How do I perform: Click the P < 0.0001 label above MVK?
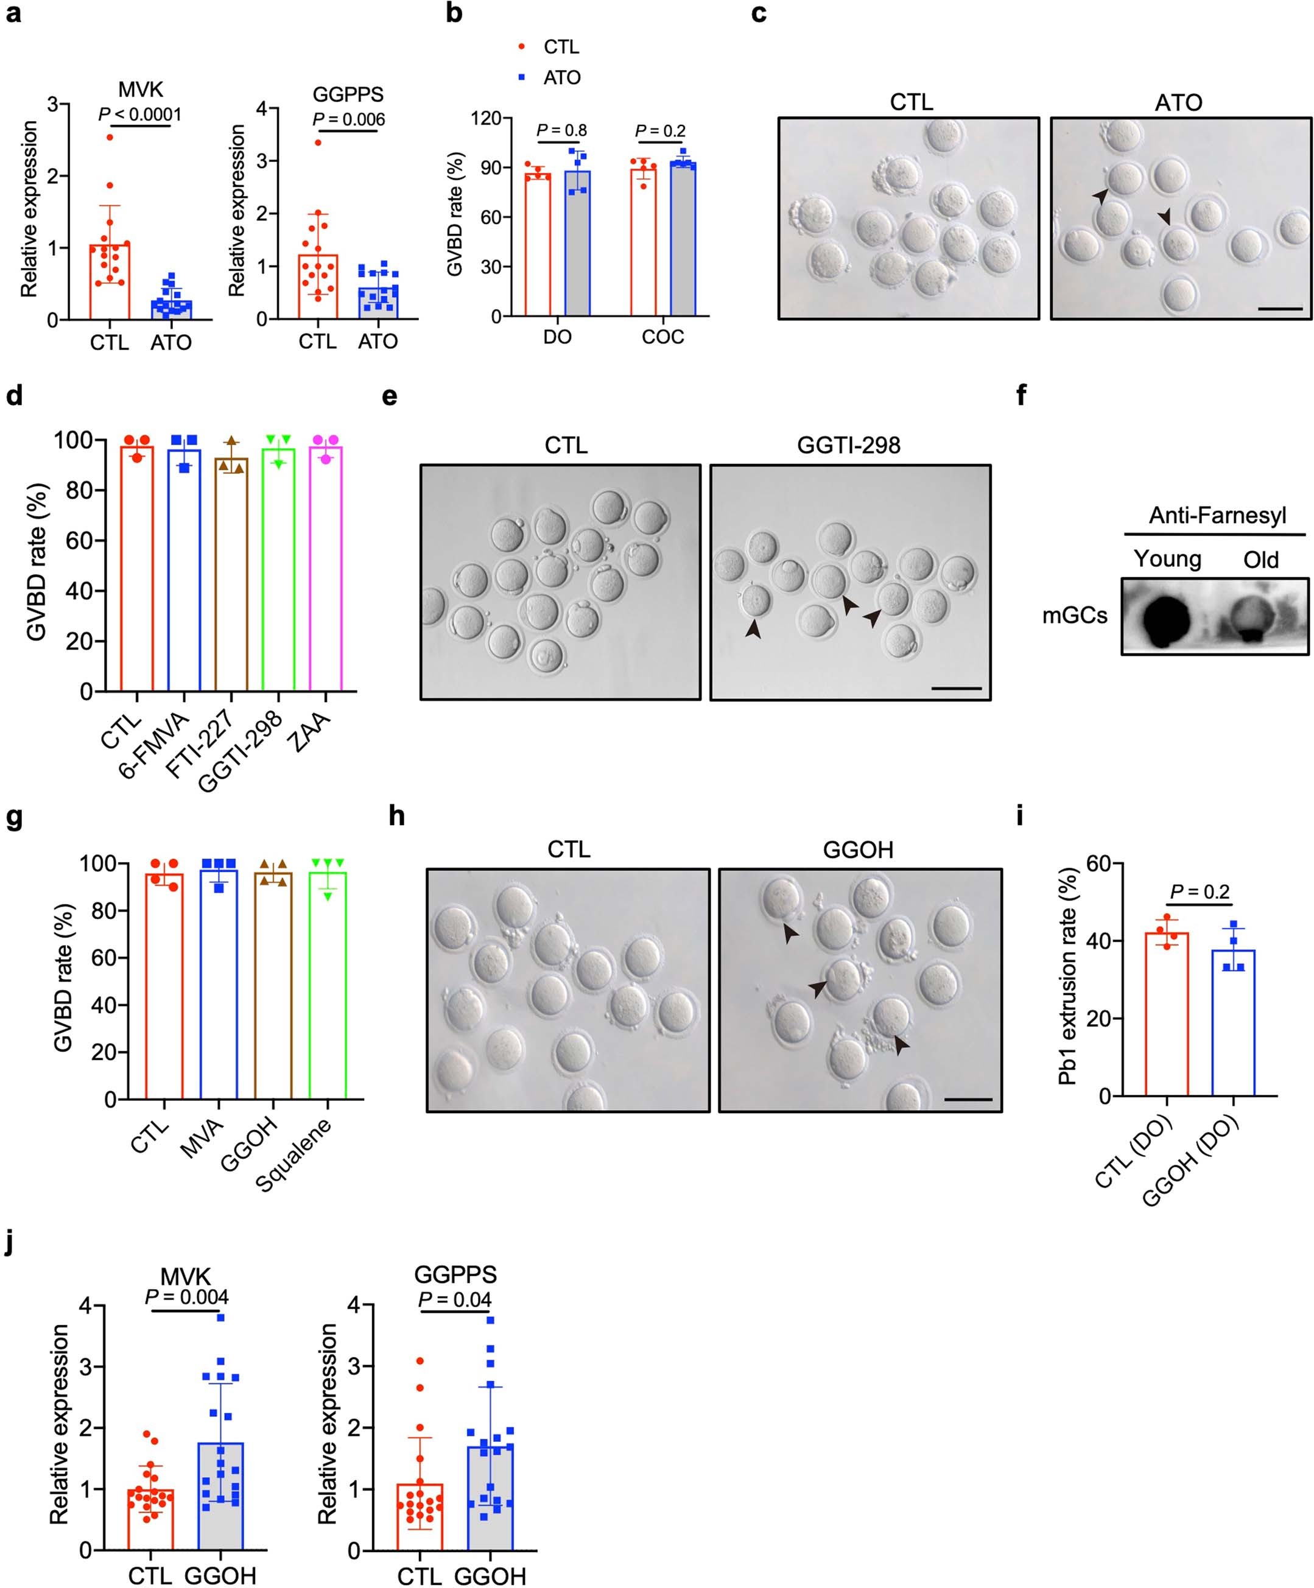(x=140, y=115)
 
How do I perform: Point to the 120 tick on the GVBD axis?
(x=485, y=119)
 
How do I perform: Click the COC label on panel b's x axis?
(x=662, y=337)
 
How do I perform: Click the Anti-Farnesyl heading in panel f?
(x=1217, y=516)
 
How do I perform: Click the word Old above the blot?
(x=1261, y=560)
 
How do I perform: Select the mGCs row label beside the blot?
(x=1074, y=616)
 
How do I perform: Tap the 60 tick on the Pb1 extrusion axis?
(x=1100, y=863)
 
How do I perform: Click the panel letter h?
(x=396, y=817)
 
